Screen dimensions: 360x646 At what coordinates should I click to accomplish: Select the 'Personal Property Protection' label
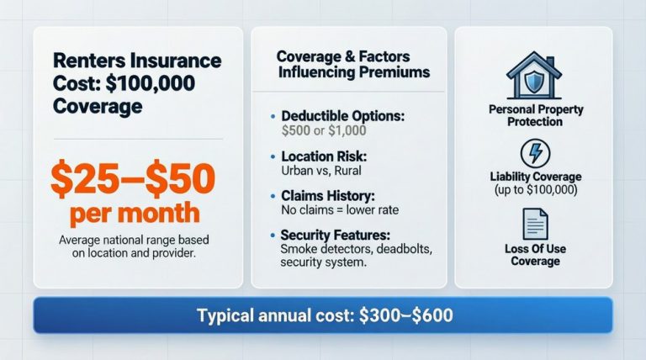(536, 115)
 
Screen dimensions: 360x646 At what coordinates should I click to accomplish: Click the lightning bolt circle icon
(535, 154)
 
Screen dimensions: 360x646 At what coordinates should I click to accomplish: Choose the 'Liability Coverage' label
(536, 177)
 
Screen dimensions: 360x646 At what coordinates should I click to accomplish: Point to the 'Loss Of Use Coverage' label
(536, 255)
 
